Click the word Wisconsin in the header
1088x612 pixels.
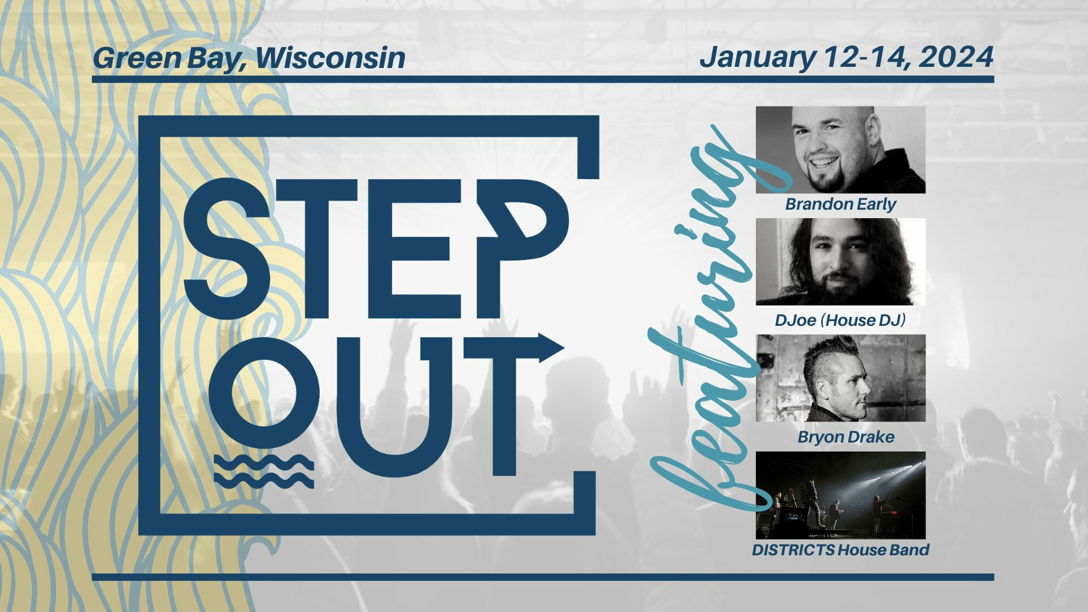(x=330, y=58)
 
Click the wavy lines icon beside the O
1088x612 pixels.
(x=264, y=471)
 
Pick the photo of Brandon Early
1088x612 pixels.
(x=840, y=150)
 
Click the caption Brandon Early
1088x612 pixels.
(x=840, y=204)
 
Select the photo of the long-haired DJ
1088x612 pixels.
(x=840, y=262)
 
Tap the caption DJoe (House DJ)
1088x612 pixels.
(x=840, y=320)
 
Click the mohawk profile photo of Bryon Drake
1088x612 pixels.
(x=840, y=378)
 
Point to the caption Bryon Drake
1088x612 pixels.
(x=845, y=437)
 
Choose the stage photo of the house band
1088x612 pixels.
(x=840, y=495)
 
